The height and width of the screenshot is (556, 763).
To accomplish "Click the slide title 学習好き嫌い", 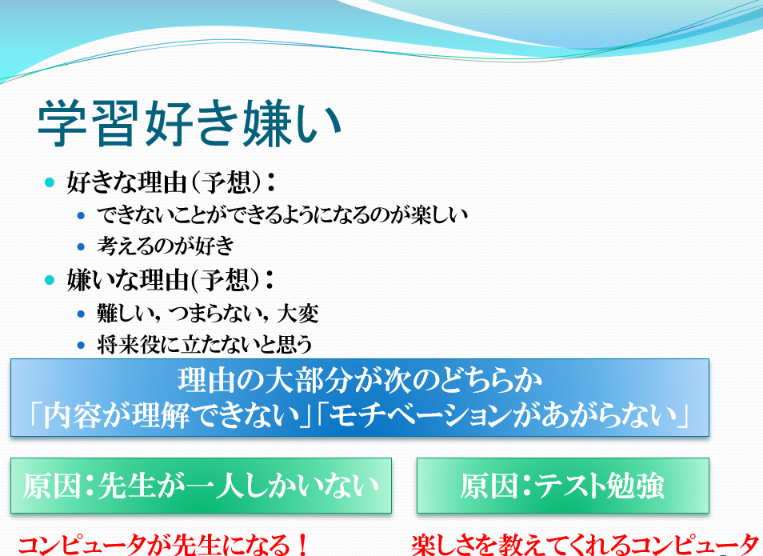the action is pyautogui.click(x=190, y=123).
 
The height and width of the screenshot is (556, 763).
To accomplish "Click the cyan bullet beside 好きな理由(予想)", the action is pyautogui.click(x=49, y=182).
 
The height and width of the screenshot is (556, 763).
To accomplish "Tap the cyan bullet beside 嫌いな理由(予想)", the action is pyautogui.click(x=49, y=280).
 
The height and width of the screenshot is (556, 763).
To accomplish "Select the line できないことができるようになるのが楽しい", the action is pyautogui.click(x=282, y=214).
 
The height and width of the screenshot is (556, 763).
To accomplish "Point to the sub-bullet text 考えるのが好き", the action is pyautogui.click(x=166, y=246).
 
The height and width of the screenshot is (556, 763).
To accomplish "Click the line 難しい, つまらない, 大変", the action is pyautogui.click(x=208, y=313).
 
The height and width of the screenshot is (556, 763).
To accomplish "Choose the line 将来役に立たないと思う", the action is pyautogui.click(x=205, y=345).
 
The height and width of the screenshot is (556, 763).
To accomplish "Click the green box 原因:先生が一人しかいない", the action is pyautogui.click(x=201, y=486).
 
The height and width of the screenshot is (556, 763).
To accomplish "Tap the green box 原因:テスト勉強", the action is pyautogui.click(x=563, y=486).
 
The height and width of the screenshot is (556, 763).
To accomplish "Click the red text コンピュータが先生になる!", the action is pyautogui.click(x=163, y=544).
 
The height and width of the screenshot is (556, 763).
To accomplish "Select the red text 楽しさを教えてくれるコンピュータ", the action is pyautogui.click(x=585, y=544).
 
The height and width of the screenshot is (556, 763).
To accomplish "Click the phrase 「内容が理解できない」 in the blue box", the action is pyautogui.click(x=170, y=416).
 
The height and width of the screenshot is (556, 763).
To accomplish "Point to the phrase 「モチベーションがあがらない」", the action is pyautogui.click(x=504, y=416).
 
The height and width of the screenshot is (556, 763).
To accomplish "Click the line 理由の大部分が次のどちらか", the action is pyautogui.click(x=360, y=381).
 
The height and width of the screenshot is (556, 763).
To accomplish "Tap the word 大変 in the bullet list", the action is pyautogui.click(x=298, y=313).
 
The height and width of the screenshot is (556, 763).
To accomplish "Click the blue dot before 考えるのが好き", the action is pyautogui.click(x=82, y=247).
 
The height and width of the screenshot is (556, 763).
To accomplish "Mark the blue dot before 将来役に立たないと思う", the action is pyautogui.click(x=82, y=345).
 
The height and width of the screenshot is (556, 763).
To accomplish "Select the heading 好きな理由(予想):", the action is pyautogui.click(x=171, y=182).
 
